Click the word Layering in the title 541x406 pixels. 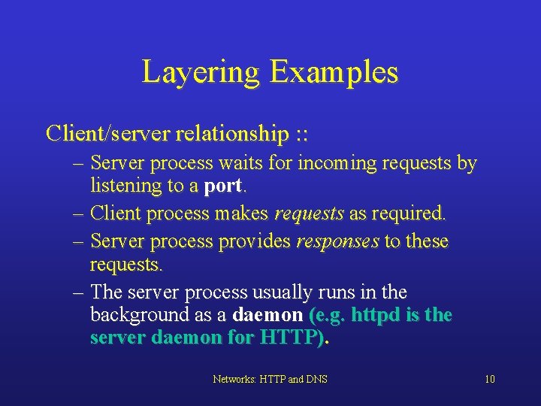click(x=201, y=73)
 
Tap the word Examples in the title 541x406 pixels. click(x=334, y=73)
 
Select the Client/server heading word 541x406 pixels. click(x=106, y=134)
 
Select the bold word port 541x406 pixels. click(x=224, y=186)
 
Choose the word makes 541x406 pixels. click(x=241, y=214)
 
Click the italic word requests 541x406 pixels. click(x=309, y=214)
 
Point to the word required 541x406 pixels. click(x=409, y=214)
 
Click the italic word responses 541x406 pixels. click(x=337, y=242)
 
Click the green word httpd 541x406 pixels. click(x=376, y=314)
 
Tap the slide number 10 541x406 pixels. click(x=489, y=379)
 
